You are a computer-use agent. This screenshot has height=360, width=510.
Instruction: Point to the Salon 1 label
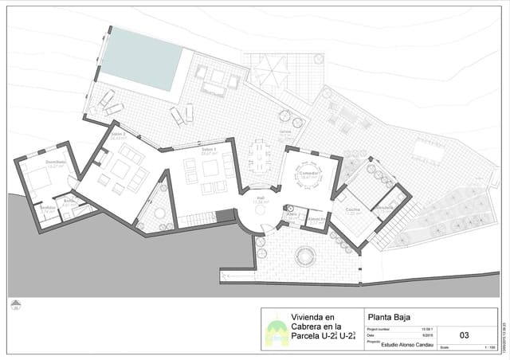coord(209,149)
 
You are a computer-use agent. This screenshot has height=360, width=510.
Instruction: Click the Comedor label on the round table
coord(308,172)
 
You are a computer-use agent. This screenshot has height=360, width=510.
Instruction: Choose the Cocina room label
coord(353,209)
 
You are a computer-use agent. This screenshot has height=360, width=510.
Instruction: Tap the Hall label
coord(260,198)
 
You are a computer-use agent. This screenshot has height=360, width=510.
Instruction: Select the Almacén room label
coord(316,217)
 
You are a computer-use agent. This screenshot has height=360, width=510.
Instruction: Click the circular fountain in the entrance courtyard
coord(304,256)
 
